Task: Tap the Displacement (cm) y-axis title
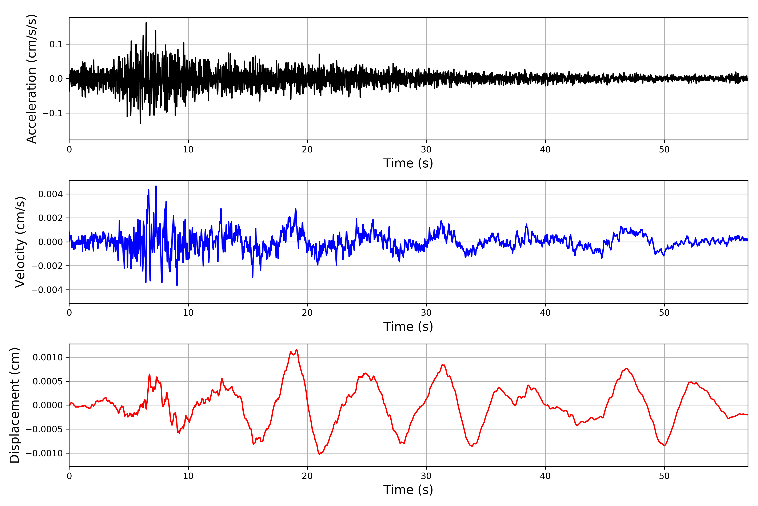[x=15, y=405]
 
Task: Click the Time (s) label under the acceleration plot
[x=408, y=163]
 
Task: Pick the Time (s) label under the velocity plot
[x=408, y=327]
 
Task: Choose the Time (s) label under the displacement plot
[x=408, y=490]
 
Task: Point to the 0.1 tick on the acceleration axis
[x=56, y=44]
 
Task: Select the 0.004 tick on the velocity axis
[x=50, y=194]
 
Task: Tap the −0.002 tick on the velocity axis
[x=47, y=266]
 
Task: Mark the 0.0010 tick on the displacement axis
[x=48, y=357]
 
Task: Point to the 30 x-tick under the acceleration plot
[x=426, y=150]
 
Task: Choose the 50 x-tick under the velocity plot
[x=664, y=313]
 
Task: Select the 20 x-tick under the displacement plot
[x=307, y=476]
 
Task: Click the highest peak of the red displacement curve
[x=296, y=350]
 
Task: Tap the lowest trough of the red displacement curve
[x=319, y=454]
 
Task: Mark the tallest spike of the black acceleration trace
[x=146, y=23]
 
